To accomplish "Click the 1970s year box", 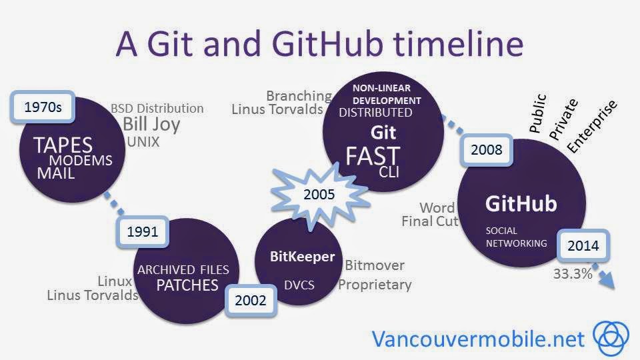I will (x=43, y=107).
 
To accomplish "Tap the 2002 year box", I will (x=250, y=300).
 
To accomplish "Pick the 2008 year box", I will (x=487, y=150).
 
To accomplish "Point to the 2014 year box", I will (x=583, y=245).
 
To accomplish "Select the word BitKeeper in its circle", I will (x=302, y=257).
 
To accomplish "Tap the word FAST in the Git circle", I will (x=372, y=155).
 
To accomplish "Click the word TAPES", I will (x=63, y=145).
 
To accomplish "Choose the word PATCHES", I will (x=187, y=285).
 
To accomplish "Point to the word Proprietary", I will (x=375, y=285).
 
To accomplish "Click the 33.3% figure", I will (x=572, y=273).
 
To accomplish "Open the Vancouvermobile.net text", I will (x=478, y=338).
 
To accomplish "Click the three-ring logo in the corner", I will (x=610, y=337).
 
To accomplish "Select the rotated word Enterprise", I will (x=592, y=126).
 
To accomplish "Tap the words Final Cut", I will (x=429, y=221).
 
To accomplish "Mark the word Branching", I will (x=299, y=96).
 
